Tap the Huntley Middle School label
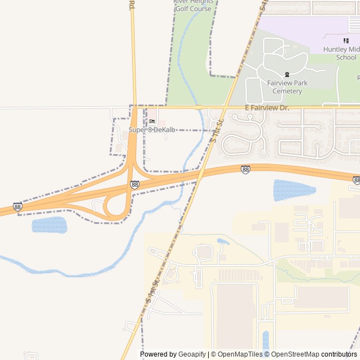340,53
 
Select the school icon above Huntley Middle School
346,40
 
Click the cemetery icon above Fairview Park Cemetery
287,74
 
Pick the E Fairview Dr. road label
266,107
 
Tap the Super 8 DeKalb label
152,130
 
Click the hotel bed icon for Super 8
152,121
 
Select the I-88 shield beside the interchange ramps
134,184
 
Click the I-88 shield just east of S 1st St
245,169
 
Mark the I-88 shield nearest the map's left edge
18,206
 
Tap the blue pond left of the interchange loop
49,225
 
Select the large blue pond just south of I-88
290,190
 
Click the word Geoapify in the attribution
192,354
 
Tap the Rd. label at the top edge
132,4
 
